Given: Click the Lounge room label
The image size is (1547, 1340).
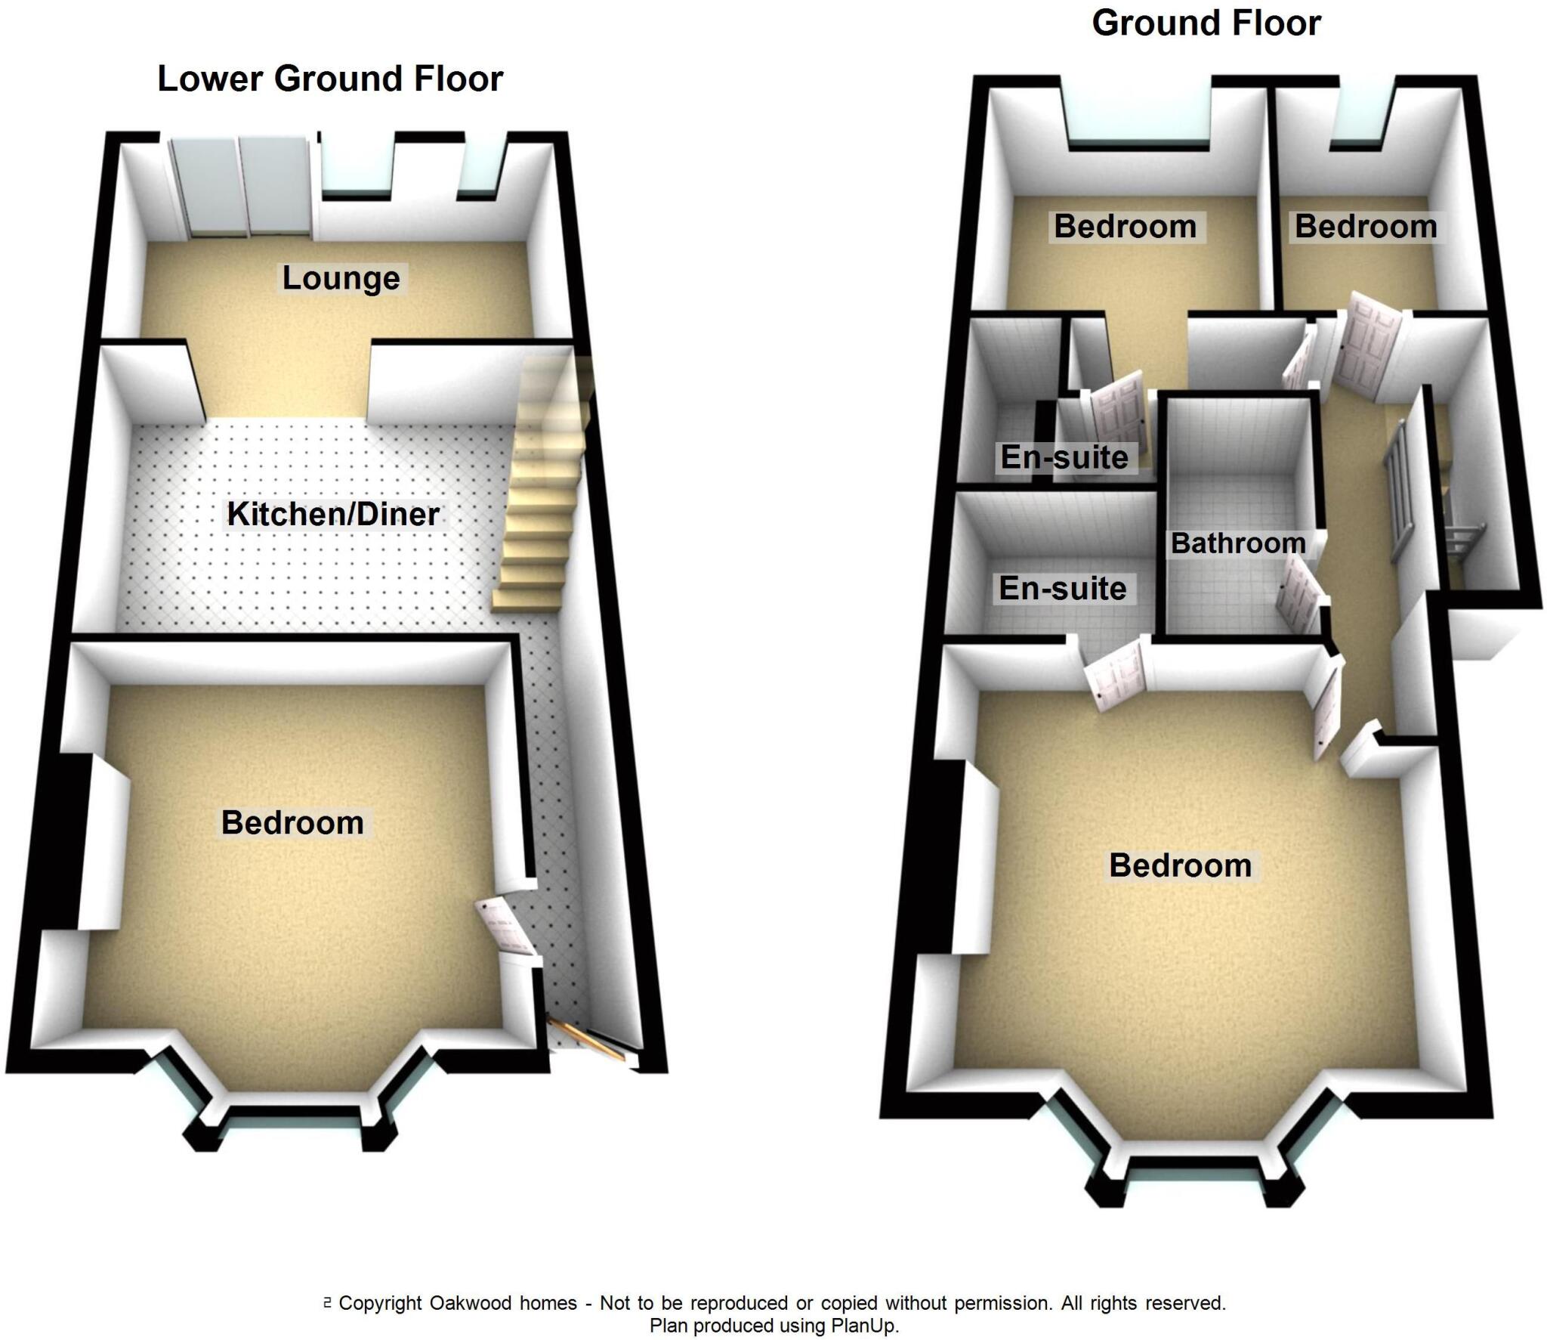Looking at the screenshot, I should coord(341,278).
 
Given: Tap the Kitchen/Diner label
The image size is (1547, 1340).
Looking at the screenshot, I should coord(333,515).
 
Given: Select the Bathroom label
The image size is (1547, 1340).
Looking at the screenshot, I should coord(1238,543).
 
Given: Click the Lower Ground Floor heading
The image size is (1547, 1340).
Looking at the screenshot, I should coord(330,79).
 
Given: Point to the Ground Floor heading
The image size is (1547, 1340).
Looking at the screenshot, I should coord(1206,23).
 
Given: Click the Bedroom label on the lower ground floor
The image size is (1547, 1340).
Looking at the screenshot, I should coord(292,823).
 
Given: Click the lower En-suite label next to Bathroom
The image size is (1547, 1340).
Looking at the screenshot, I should coord(1062,589).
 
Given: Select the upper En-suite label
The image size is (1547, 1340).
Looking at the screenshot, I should coord(1064,457).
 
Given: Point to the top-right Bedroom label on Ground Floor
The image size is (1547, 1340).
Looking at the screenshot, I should coord(1366,227).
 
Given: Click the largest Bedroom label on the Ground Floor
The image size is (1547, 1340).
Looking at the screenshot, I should coord(1180,866).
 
